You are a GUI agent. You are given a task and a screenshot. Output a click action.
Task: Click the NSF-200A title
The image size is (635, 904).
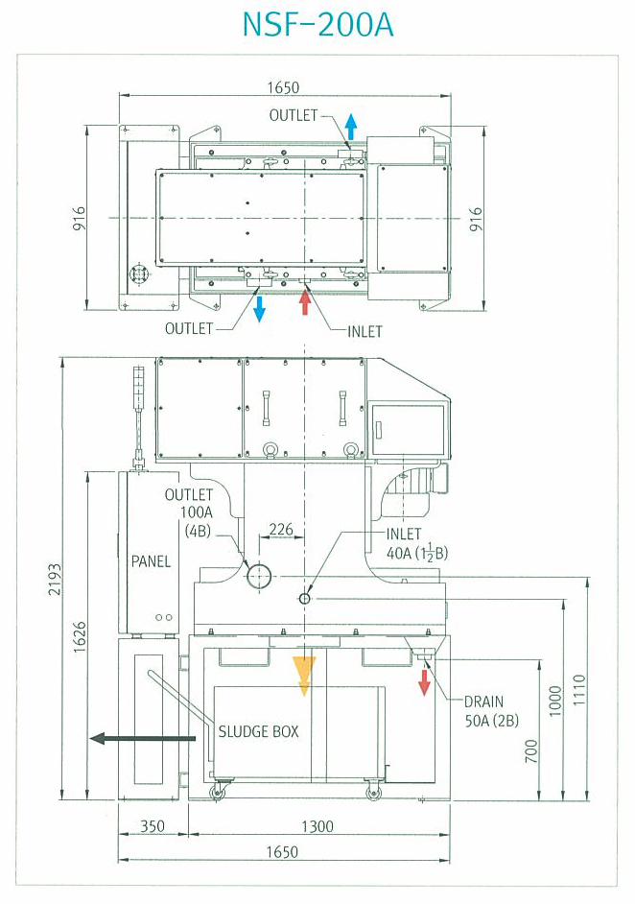point(317,25)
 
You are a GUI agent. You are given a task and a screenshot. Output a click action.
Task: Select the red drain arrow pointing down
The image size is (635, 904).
point(425,682)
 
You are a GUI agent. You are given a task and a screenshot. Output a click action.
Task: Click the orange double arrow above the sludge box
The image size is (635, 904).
point(304,676)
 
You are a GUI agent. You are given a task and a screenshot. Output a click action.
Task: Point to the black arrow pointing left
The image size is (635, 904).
point(143,737)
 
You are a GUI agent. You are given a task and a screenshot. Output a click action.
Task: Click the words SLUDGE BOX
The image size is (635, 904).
point(258,731)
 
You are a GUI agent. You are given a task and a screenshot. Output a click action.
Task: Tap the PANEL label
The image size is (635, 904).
point(151,561)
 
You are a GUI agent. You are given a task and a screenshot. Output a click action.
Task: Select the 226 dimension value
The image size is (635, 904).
point(281,529)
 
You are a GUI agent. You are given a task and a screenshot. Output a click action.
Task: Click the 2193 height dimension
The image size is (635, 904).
point(54,580)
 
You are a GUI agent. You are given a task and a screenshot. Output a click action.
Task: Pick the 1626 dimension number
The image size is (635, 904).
point(80,636)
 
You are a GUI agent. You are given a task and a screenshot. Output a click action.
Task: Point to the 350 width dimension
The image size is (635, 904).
point(153,826)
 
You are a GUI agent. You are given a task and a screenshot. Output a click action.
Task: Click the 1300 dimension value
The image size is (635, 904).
point(317,826)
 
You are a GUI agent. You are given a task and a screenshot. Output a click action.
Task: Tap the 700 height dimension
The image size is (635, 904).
point(531,750)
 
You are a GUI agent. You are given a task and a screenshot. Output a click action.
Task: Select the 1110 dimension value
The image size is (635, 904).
point(579,690)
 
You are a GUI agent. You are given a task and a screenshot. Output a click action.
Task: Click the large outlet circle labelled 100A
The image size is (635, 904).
point(259,576)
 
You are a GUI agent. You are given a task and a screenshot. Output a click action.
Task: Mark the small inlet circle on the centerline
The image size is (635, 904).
point(305,599)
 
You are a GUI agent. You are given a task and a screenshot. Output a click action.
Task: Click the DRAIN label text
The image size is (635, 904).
point(484,702)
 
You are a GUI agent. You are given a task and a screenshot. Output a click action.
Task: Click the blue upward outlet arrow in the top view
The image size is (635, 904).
point(350,127)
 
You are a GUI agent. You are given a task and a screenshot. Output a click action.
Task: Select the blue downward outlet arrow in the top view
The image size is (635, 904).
point(260,308)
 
